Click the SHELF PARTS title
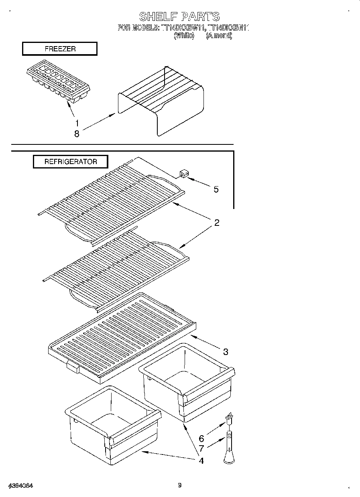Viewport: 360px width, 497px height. pyautogui.click(x=179, y=16)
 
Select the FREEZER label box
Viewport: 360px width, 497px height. pyautogui.click(x=60, y=49)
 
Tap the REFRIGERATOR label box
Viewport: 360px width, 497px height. pyautogui.click(x=70, y=162)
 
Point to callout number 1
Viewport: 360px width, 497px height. pyautogui.click(x=77, y=123)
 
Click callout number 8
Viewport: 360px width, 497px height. pyautogui.click(x=77, y=134)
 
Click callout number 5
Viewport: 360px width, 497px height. pyautogui.click(x=216, y=189)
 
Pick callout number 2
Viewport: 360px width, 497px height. pyautogui.click(x=217, y=223)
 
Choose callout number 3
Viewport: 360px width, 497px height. pyautogui.click(x=226, y=352)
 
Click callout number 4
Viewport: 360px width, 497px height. pyautogui.click(x=201, y=461)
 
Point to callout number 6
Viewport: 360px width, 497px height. pyautogui.click(x=201, y=439)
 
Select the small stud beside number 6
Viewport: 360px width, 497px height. pyautogui.click(x=229, y=419)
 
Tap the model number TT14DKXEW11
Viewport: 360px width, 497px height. pyautogui.click(x=183, y=28)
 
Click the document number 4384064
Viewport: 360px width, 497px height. pyautogui.click(x=20, y=486)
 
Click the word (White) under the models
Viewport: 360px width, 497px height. pyautogui.click(x=184, y=36)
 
